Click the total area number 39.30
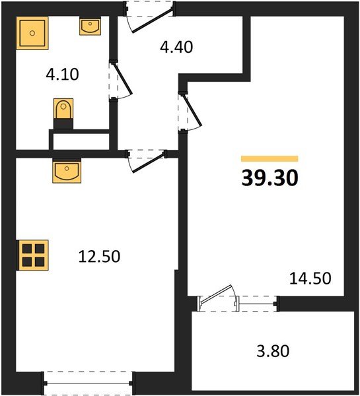tap(270, 178)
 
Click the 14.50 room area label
tap(310, 279)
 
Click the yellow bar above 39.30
tap(270, 159)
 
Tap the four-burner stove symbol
tap(33, 255)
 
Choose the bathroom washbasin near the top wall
tap(90, 26)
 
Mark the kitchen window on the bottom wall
tap(89, 381)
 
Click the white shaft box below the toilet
tap(79, 141)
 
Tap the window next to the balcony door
tap(257, 304)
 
